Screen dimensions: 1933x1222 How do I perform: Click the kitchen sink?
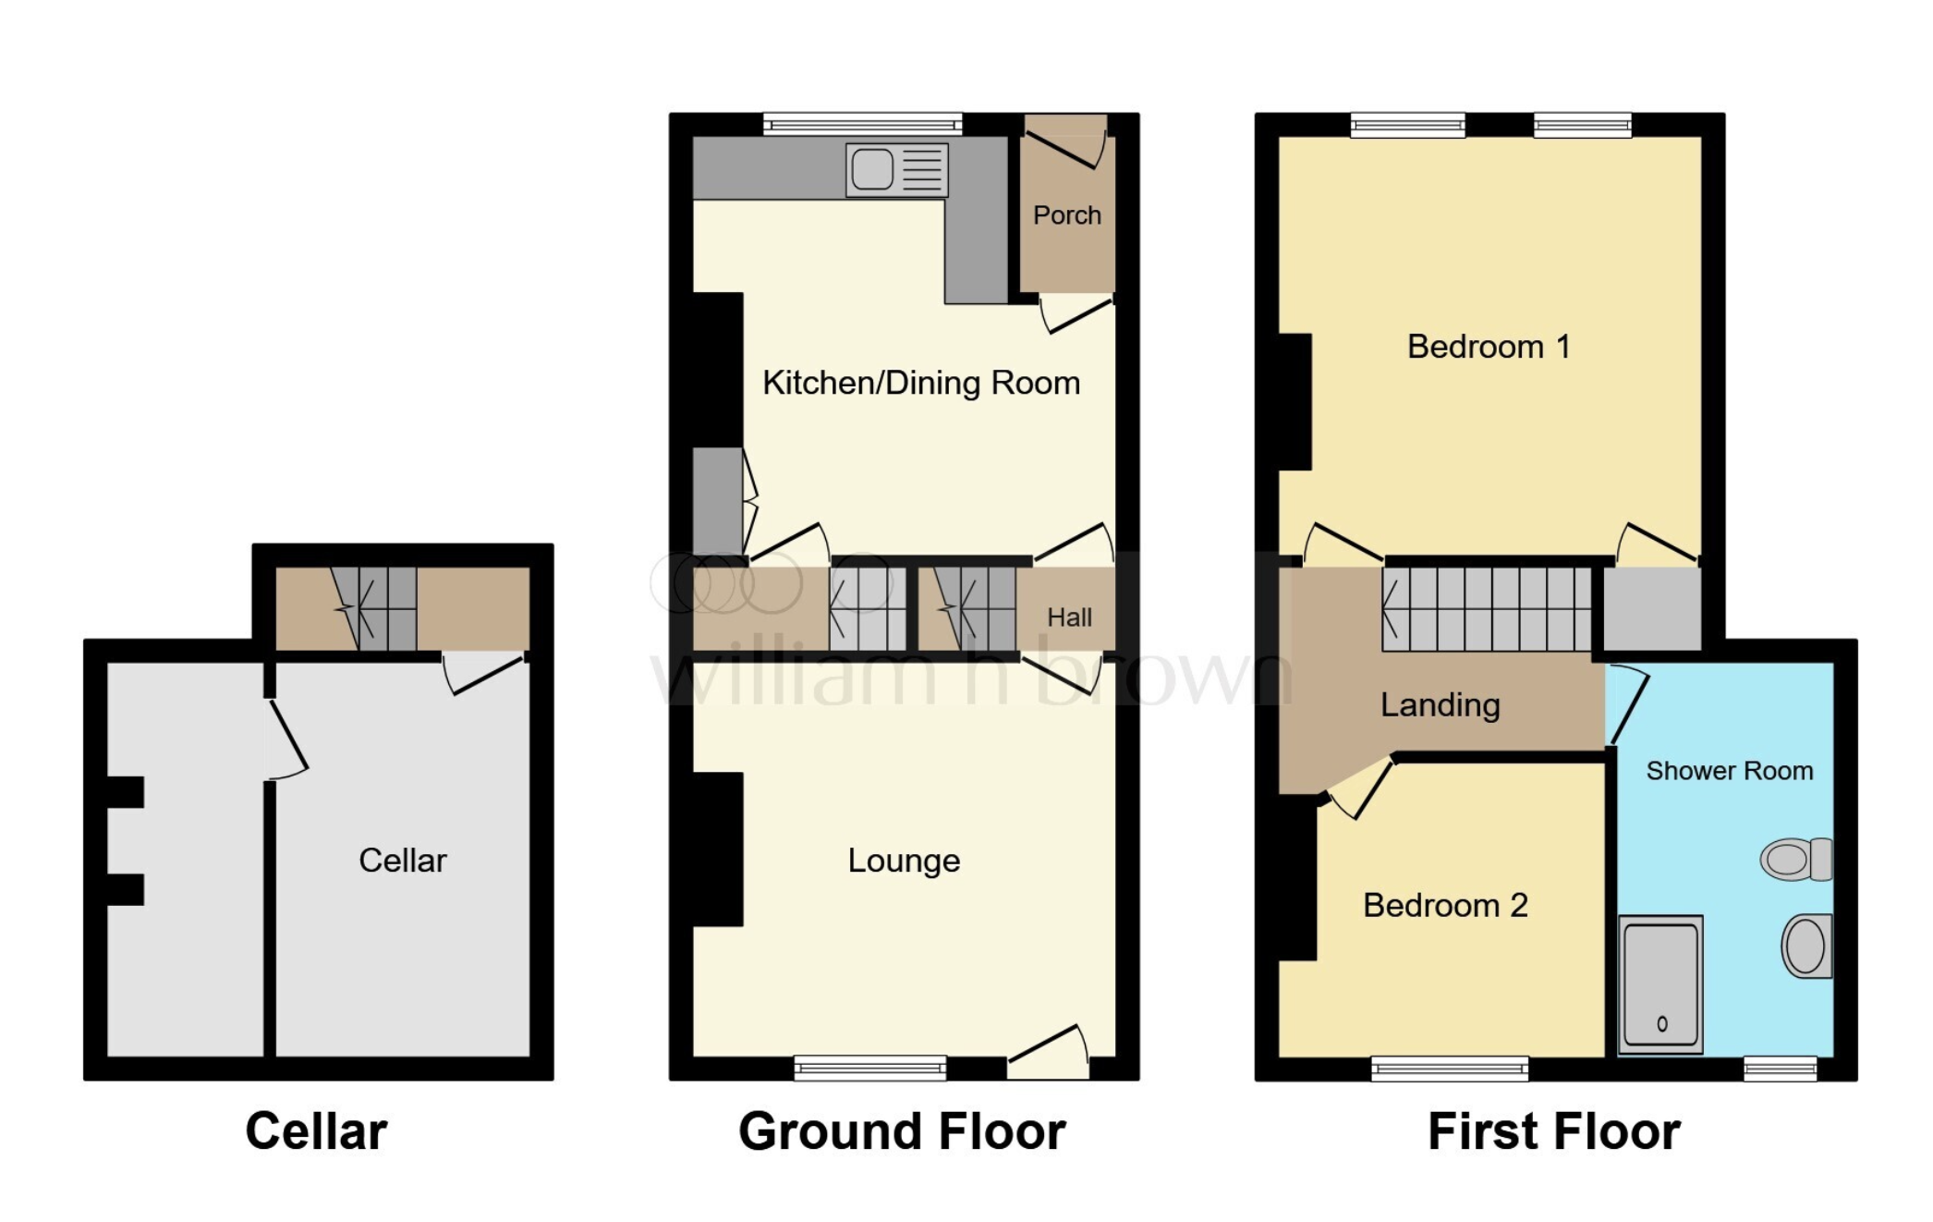tap(897, 169)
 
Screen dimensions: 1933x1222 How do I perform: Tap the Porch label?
tap(1067, 215)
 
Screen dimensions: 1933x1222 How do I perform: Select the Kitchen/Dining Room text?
tap(921, 383)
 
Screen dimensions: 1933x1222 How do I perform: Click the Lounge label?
tap(904, 861)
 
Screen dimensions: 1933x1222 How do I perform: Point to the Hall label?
tap(1069, 617)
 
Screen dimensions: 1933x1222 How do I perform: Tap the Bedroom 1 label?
tap(1489, 347)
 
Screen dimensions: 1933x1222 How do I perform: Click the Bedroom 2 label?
tap(1445, 905)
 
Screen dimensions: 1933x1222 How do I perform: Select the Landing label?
tap(1440, 705)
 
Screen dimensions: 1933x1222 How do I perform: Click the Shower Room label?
tap(1729, 771)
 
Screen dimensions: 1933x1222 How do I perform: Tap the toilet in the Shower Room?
tap(1796, 859)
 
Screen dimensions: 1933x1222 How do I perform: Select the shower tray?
tap(1660, 984)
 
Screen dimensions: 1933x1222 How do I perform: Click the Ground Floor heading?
tap(902, 1131)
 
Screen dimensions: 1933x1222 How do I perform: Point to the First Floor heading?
tap(1554, 1131)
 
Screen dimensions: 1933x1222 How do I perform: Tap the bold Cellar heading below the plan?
tap(316, 1131)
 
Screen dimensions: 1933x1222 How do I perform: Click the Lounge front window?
tap(870, 1069)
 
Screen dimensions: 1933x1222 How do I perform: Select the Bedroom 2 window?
tap(1450, 1069)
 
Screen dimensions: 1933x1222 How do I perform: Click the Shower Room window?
tap(1781, 1069)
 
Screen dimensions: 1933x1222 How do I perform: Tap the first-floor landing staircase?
tap(1487, 609)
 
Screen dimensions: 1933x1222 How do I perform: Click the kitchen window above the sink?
tap(863, 125)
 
